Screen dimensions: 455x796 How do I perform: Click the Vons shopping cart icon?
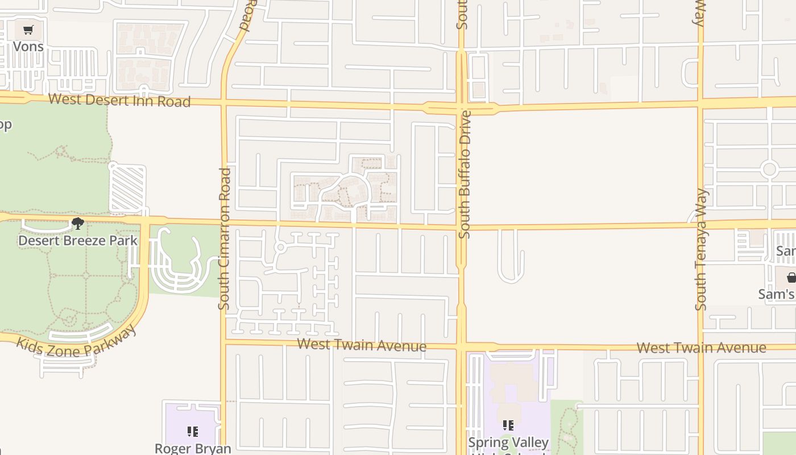(x=28, y=30)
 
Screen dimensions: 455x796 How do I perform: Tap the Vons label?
(x=28, y=46)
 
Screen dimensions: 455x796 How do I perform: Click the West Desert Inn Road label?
(x=119, y=101)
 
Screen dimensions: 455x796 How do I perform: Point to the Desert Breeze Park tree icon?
(x=77, y=224)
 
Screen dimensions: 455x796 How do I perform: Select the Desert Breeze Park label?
(x=78, y=240)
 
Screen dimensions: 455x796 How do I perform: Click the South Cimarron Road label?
(x=225, y=239)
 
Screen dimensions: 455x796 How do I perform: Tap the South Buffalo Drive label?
(x=465, y=174)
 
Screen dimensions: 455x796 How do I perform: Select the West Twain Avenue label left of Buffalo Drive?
(x=362, y=345)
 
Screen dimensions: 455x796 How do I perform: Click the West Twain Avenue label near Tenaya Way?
(x=701, y=347)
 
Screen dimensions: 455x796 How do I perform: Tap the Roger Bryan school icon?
(x=192, y=432)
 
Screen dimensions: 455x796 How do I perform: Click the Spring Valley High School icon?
(x=508, y=425)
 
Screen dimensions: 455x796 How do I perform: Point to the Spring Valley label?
(x=508, y=442)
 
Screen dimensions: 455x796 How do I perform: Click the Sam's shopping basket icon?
(x=791, y=278)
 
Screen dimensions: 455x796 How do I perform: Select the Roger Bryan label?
(x=193, y=448)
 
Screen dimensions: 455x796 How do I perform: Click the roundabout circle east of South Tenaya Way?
(x=769, y=169)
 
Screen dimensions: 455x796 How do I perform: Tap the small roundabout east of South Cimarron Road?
(x=280, y=247)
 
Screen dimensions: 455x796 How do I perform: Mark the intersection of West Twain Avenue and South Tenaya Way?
(x=701, y=346)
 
